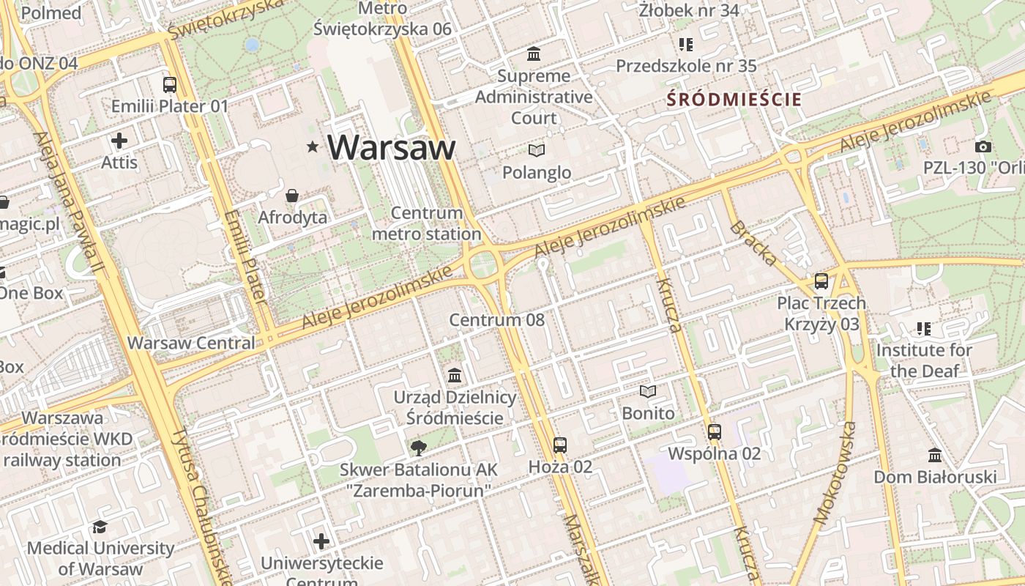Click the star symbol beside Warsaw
pos(313,147)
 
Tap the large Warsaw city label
pos(392,147)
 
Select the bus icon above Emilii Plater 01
pos(170,85)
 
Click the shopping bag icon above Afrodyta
pos(292,196)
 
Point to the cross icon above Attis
pos(119,141)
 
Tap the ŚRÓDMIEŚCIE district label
pos(734,100)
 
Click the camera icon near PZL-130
pos(983,146)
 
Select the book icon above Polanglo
pos(537,150)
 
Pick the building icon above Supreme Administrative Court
pos(534,54)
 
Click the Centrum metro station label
pos(427,223)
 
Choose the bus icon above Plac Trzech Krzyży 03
pos(821,281)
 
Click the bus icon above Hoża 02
pos(560,445)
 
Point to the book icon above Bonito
pos(648,392)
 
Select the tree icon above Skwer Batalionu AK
pos(419,448)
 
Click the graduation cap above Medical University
pos(100,527)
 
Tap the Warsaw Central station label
pos(191,343)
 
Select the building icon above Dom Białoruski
pos(935,456)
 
